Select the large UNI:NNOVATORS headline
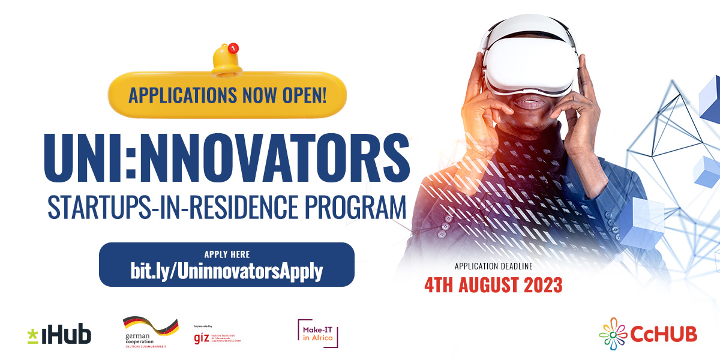(226, 157)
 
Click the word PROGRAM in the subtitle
(353, 207)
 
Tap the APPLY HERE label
(227, 254)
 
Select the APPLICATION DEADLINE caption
(493, 266)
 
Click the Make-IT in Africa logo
(319, 333)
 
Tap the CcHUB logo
(648, 334)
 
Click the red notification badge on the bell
(234, 47)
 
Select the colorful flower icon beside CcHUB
(613, 334)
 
